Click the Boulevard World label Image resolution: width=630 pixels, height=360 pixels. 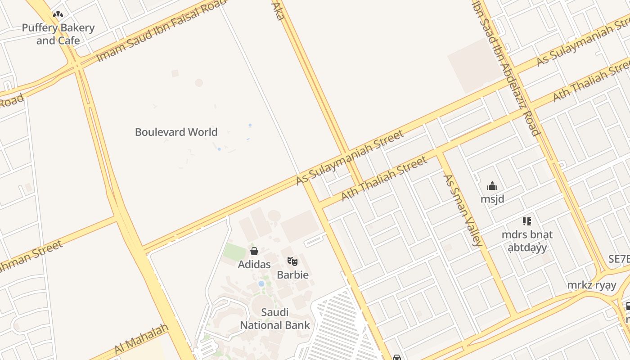176,132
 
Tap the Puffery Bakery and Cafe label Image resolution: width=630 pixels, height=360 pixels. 58,34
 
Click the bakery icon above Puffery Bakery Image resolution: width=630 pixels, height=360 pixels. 58,14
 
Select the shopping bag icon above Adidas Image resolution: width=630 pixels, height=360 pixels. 254,251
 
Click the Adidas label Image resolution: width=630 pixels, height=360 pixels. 254,264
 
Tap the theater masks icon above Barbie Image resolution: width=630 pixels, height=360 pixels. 292,261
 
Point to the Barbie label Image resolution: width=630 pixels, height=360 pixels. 292,274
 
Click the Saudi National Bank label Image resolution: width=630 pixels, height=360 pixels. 275,319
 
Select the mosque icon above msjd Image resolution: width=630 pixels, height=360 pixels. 492,186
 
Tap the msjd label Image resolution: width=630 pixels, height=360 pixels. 492,199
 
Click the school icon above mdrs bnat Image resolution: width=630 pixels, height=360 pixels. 527,221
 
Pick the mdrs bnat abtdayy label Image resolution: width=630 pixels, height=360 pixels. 527,241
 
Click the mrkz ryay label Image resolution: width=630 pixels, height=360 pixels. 591,285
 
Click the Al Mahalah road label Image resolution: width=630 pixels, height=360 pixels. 141,339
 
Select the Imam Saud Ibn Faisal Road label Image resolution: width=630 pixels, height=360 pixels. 162,31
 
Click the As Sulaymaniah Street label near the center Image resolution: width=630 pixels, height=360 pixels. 350,157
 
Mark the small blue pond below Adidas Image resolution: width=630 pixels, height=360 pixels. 261,283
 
